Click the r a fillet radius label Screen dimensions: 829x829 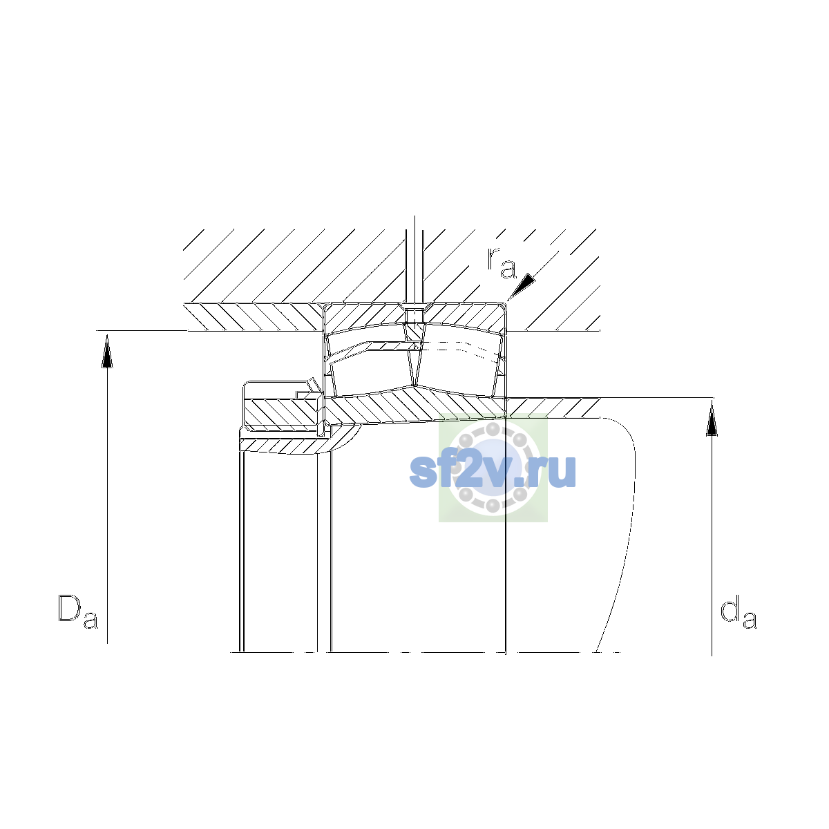[x=502, y=263]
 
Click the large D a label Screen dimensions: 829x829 [x=78, y=611]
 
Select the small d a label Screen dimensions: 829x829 [x=739, y=611]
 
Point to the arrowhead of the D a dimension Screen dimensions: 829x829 [x=107, y=352]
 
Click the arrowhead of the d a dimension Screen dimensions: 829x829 [x=712, y=418]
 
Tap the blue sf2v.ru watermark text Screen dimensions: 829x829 [x=493, y=471]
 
